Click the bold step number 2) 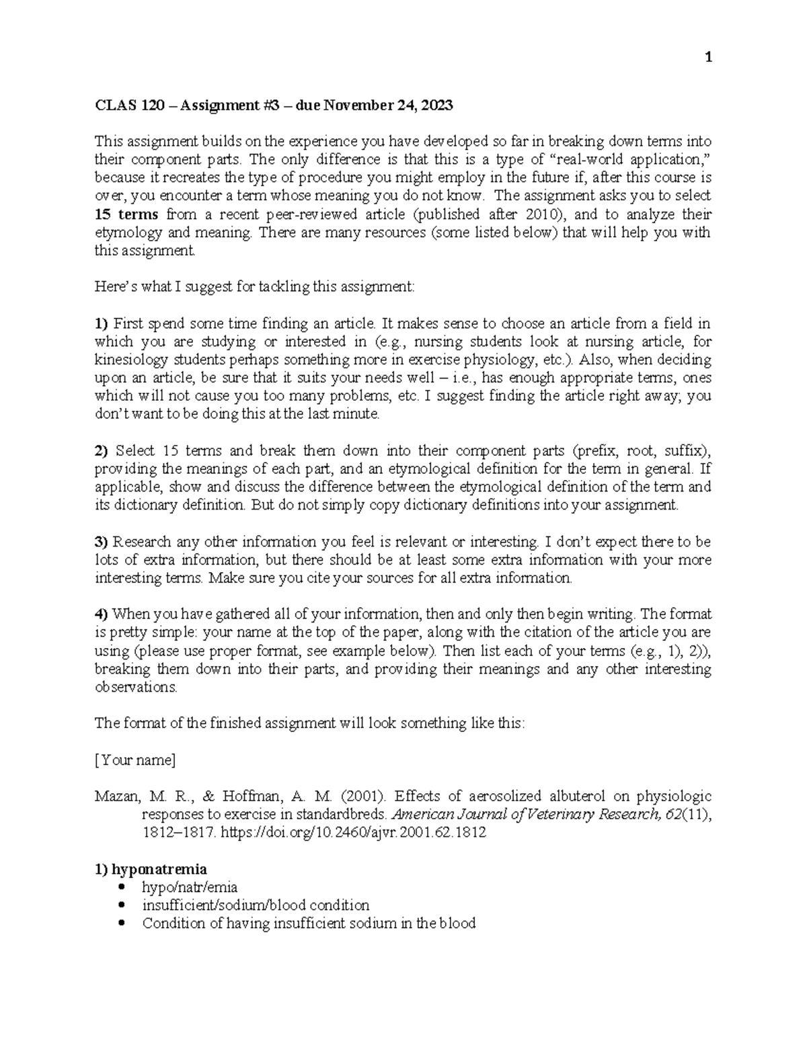point(101,450)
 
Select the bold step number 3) point(101,542)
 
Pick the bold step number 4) point(101,614)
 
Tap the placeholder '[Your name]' point(135,760)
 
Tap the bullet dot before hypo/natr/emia point(122,887)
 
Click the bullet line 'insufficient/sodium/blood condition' point(256,906)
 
